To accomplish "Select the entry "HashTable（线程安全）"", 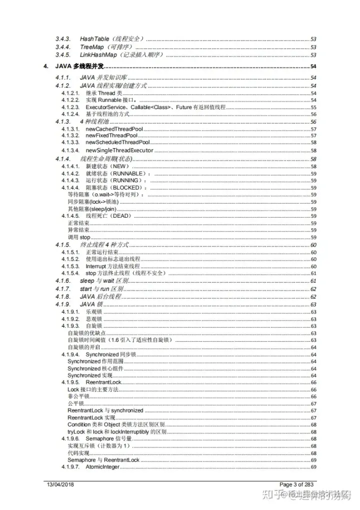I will tap(112, 39).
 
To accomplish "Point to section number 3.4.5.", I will tap(62, 55).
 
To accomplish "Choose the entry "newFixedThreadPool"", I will tap(111, 136).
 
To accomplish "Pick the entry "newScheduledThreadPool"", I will tap(117, 143).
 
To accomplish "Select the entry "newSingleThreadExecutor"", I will tap(119, 150).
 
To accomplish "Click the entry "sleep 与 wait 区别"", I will tap(104, 281).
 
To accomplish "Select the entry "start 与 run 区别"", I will tap(101, 289).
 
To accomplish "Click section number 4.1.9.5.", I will tap(70, 382).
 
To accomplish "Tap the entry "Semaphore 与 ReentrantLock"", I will tap(103, 460).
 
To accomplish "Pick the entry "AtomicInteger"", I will tap(102, 467).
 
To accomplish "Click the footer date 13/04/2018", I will tap(60, 484).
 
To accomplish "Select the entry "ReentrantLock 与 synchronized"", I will tap(105, 410).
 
